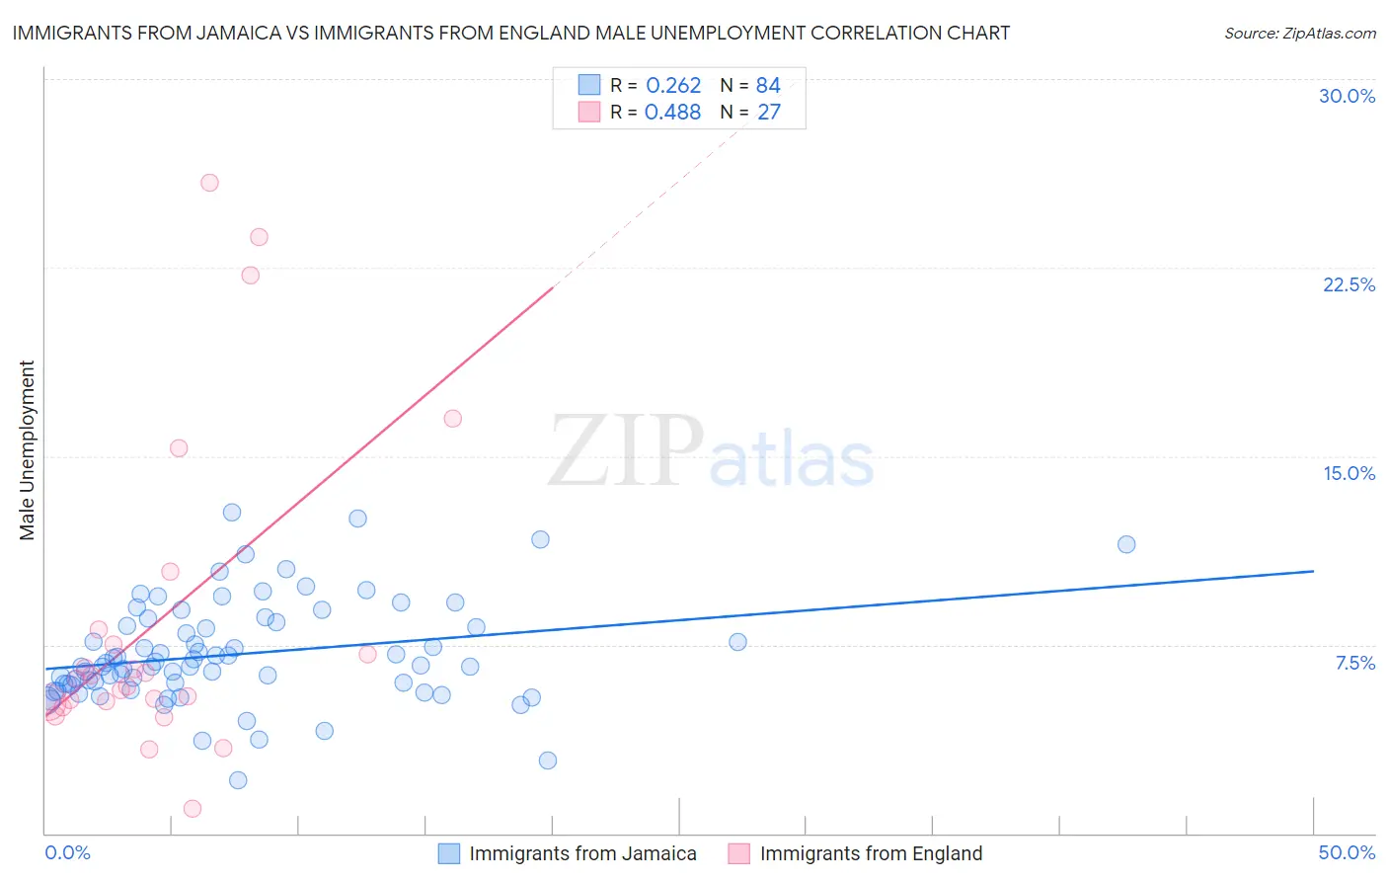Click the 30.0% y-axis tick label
(1347, 96)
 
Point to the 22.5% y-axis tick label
(1349, 284)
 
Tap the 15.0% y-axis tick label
(1349, 473)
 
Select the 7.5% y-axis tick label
(1354, 663)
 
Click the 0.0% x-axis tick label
(67, 852)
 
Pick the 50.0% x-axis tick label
(1347, 852)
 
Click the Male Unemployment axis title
(27, 450)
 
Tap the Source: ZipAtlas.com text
(1300, 34)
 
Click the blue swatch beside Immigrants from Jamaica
(449, 853)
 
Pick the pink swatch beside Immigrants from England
(739, 853)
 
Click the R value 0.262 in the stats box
(673, 86)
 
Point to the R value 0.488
(673, 113)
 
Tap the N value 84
(768, 86)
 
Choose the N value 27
(768, 113)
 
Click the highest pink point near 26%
(209, 183)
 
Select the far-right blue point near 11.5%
(1126, 544)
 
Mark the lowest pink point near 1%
(193, 808)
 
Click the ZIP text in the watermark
(626, 451)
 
